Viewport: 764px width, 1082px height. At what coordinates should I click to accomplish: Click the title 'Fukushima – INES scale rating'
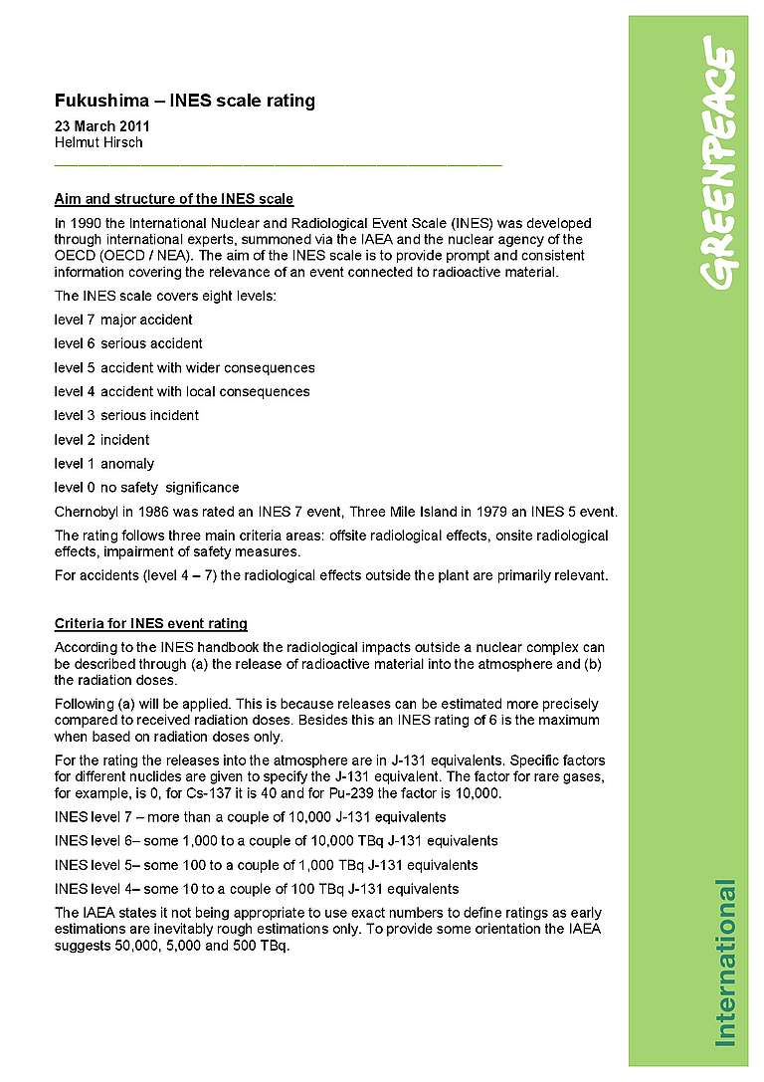184,101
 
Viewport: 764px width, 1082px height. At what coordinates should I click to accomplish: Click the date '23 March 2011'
101,126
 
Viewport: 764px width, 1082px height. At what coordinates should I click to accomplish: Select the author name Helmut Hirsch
98,142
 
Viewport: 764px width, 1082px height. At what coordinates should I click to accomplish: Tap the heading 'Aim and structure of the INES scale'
174,199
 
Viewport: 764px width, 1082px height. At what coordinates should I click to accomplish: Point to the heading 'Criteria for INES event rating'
151,623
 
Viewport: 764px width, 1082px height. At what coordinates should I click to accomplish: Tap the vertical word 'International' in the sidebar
726,962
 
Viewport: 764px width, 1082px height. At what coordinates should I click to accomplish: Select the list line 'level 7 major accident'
123,320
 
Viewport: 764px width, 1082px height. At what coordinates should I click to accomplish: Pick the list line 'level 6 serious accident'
128,343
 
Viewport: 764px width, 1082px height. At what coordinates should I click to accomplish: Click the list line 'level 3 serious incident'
126,415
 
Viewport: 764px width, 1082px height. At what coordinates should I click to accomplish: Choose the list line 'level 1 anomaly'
104,463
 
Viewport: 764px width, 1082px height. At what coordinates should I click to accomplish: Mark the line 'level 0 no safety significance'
146,488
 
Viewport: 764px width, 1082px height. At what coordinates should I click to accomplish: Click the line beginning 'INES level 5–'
266,864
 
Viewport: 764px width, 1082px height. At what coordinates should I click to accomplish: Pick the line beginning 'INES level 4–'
256,888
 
